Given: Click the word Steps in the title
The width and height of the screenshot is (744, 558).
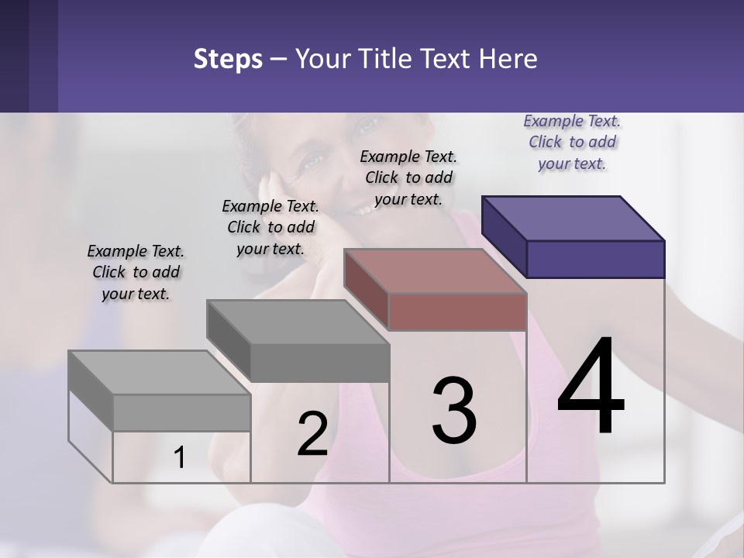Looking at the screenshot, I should pos(228,59).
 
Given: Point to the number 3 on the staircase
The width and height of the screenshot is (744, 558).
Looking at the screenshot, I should pos(454,411).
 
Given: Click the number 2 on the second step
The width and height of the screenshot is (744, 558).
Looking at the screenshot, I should pos(312,434).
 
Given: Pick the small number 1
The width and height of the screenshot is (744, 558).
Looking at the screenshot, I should pos(180,458).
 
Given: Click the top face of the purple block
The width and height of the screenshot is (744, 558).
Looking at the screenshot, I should pos(573,218).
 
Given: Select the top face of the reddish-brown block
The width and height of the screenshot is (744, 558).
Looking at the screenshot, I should pos(435,270).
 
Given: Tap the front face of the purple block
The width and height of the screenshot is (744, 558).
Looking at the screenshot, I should pos(595,259).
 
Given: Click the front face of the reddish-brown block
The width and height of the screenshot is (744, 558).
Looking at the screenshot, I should pos(457,312).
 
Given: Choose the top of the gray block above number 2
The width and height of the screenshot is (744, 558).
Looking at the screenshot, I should pos(298,322).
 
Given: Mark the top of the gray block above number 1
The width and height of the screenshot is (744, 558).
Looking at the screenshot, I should pos(159,373).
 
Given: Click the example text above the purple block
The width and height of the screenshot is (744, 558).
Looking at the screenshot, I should pos(572,142).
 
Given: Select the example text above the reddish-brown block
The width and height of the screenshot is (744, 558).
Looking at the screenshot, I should pos(408,177).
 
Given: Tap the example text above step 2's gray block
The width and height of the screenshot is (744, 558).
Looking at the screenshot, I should pos(270,227).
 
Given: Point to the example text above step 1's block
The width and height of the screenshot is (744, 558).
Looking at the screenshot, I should pos(136,272).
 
